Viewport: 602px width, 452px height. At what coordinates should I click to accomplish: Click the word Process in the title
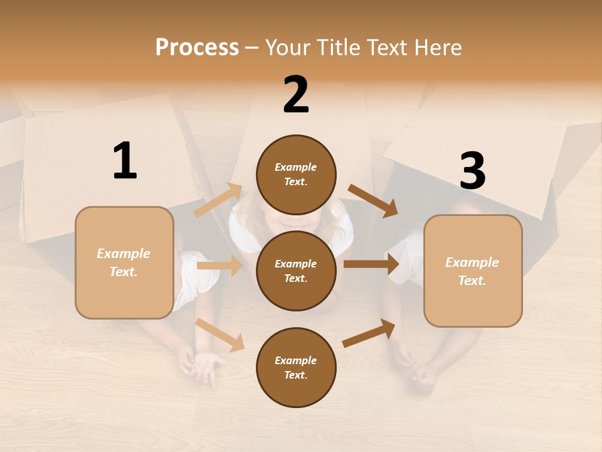(x=197, y=47)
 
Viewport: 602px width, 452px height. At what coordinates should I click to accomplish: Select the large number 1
(x=125, y=161)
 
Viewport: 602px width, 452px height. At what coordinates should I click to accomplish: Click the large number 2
(x=296, y=95)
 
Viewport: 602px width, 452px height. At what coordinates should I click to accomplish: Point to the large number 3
(x=472, y=171)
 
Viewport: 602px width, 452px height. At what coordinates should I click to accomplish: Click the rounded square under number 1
(x=124, y=262)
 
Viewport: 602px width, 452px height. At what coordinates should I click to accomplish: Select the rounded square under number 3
(x=473, y=271)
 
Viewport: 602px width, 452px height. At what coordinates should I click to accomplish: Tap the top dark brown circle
(x=296, y=175)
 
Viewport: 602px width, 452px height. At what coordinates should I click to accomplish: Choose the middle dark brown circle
(x=296, y=271)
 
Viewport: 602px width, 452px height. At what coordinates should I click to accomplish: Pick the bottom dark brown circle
(x=296, y=367)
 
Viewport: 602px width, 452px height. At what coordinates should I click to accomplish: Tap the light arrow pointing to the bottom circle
(x=220, y=334)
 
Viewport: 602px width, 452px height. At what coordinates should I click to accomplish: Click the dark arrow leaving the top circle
(x=373, y=200)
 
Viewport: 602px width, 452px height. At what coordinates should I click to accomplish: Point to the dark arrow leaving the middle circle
(x=371, y=264)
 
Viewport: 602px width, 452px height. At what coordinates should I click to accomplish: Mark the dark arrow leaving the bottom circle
(x=369, y=333)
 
